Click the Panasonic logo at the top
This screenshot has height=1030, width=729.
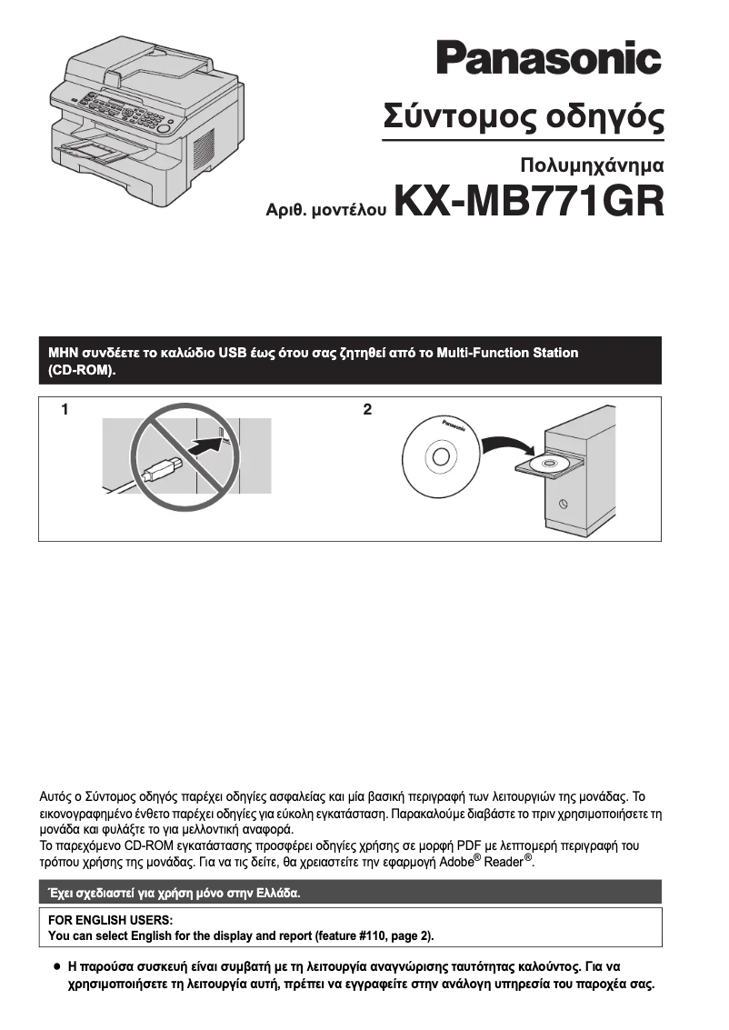click(548, 58)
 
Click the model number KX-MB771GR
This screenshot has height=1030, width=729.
click(528, 202)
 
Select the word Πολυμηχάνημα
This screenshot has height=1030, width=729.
click(592, 165)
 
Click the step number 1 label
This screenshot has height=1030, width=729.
click(65, 410)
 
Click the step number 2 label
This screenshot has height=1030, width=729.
click(367, 410)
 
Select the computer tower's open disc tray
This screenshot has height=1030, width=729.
click(547, 465)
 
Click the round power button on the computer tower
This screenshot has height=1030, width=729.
click(564, 503)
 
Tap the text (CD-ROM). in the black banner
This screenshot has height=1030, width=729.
click(82, 371)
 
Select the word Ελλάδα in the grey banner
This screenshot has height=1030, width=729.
click(275, 893)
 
